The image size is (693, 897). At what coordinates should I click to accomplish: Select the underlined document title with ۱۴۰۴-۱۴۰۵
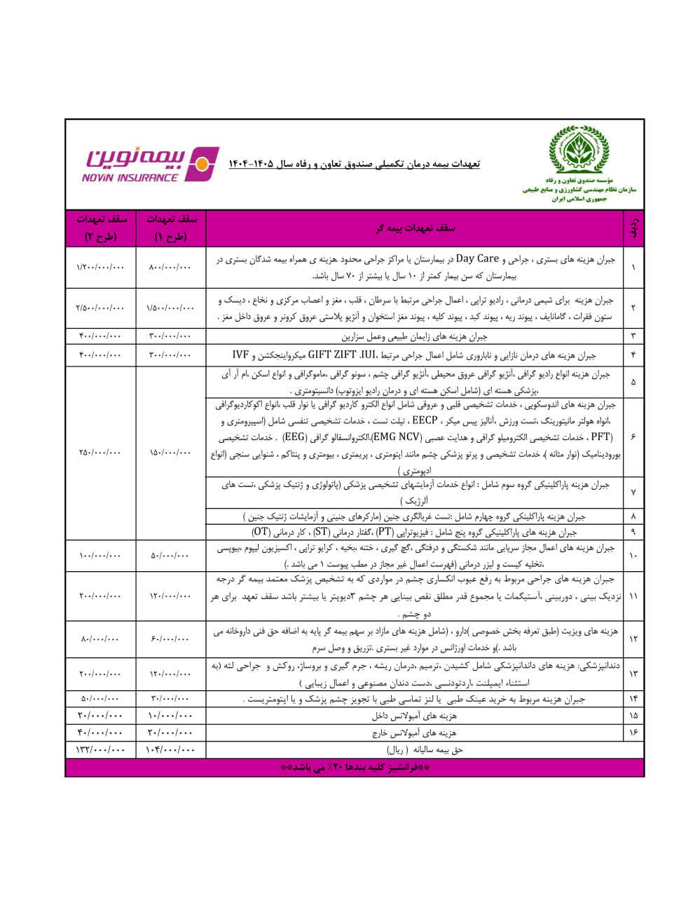[354, 164]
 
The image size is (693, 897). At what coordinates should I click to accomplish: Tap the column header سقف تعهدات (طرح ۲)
[100, 228]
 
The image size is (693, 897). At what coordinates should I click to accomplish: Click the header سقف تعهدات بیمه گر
[414, 228]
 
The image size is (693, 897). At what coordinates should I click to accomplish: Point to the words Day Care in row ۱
[477, 259]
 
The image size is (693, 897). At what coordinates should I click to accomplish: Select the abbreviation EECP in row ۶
[425, 421]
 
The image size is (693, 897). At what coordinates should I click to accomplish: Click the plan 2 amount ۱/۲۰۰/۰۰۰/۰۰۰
[100, 267]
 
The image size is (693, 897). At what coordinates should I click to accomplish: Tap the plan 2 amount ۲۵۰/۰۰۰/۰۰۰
[100, 453]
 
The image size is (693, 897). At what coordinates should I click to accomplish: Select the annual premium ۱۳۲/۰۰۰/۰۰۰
[100, 750]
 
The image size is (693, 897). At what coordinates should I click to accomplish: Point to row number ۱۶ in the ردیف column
[633, 733]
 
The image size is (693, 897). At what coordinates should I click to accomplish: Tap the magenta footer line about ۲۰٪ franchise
[354, 767]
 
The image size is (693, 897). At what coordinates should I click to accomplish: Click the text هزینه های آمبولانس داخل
[414, 716]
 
